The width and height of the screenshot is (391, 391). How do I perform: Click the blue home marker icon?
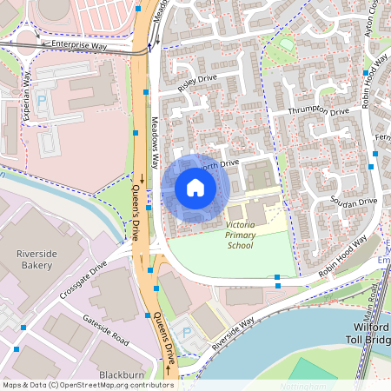click(x=195, y=187)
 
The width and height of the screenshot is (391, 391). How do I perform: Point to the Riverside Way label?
click(x=233, y=333)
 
